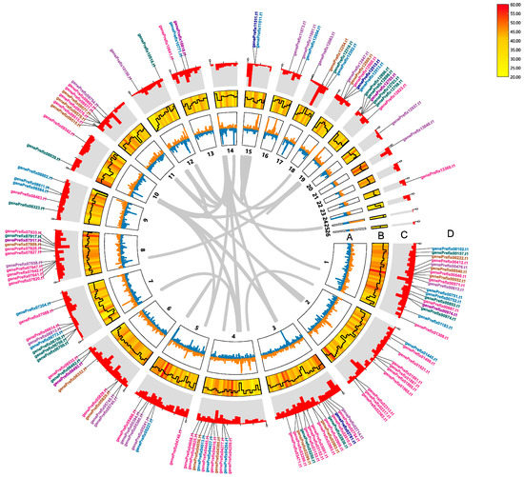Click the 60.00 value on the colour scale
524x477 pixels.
click(x=514, y=7)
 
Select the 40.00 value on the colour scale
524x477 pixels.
click(x=514, y=50)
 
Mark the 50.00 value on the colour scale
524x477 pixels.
click(x=514, y=29)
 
